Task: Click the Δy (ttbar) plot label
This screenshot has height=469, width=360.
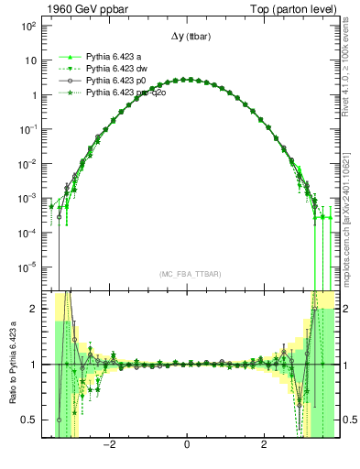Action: (187, 38)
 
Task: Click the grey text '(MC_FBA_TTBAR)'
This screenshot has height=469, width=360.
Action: (187, 274)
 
